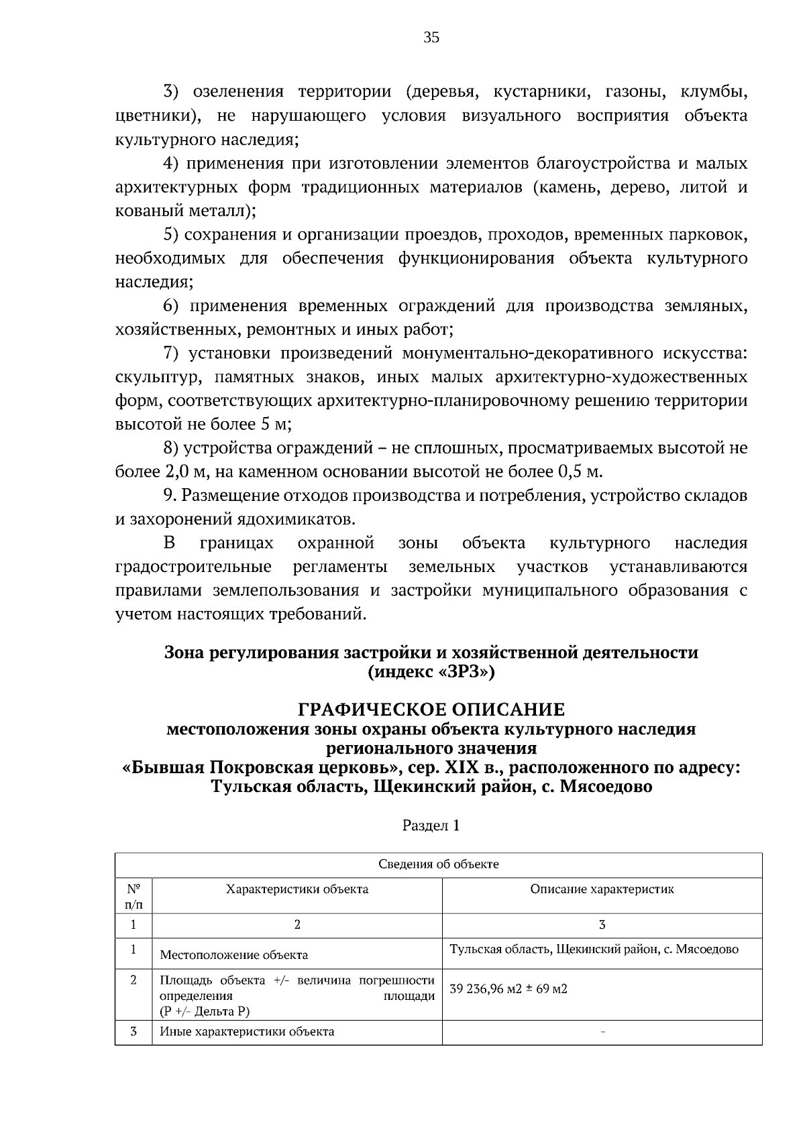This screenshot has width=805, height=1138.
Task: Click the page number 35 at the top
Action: coord(431,38)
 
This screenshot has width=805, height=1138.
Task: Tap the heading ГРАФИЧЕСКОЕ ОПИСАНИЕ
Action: coord(431,709)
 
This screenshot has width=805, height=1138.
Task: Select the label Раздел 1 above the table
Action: coord(431,826)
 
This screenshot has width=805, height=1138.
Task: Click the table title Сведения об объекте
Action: coord(439,864)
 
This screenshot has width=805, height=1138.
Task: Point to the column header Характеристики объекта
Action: coord(297,889)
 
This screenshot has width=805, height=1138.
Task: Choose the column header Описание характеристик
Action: coord(602,889)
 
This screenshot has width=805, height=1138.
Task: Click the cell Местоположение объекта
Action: coord(234,955)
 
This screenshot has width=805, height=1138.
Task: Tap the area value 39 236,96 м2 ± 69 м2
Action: coord(508,988)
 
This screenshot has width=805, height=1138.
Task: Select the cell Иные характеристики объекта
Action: coord(247,1031)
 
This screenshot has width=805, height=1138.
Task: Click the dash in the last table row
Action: coord(602,1033)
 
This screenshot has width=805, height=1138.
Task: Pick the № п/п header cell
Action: coord(133,896)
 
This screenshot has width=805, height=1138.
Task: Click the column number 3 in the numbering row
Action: coord(602,925)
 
